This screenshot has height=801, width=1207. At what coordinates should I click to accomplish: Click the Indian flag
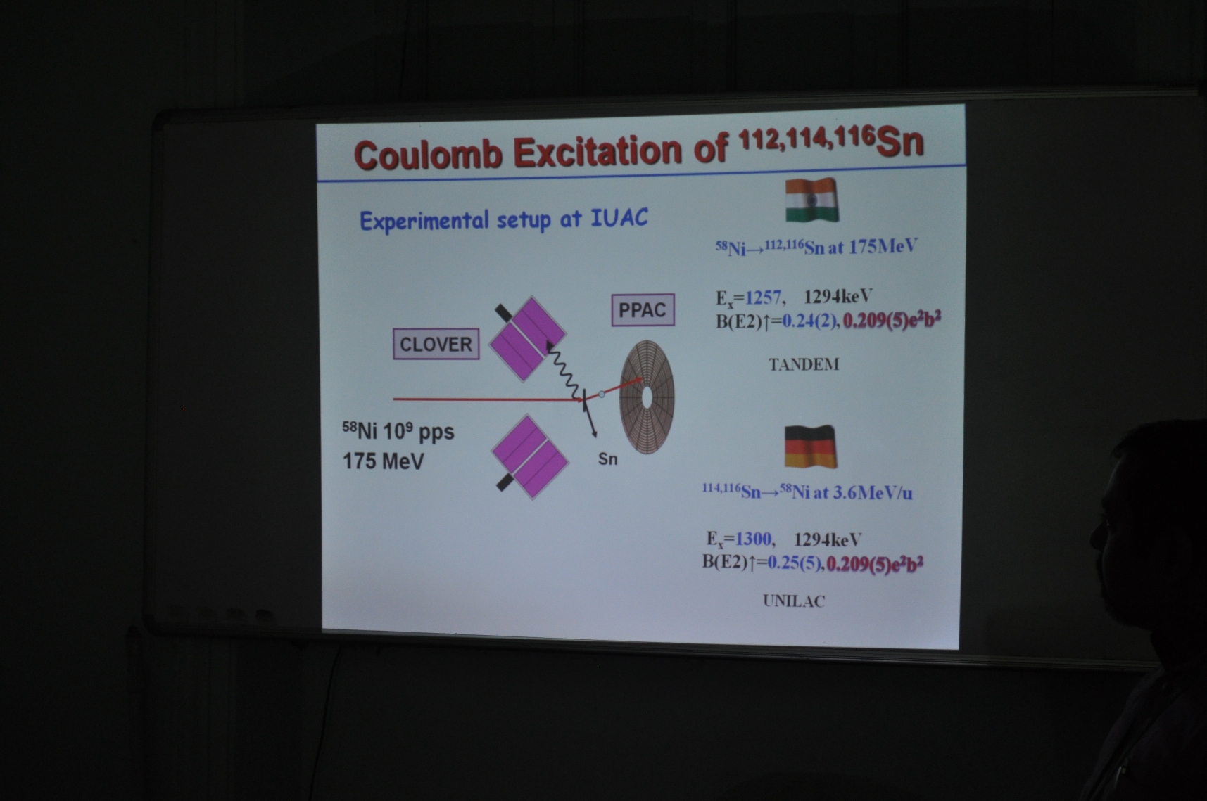point(811,200)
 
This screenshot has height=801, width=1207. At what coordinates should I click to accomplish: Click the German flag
point(810,447)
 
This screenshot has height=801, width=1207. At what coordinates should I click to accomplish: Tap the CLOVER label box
point(436,344)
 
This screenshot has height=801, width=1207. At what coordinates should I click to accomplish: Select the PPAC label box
point(643,310)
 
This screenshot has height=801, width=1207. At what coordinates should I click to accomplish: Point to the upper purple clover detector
point(528,338)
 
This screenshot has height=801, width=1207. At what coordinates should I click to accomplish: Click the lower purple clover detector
point(530,456)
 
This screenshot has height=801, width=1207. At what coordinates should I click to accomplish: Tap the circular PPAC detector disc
point(647,397)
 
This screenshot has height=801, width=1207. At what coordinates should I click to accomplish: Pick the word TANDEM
point(804,364)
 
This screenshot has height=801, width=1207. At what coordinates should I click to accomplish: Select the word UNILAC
point(794,601)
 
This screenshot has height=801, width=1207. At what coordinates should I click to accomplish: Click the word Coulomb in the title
point(428,154)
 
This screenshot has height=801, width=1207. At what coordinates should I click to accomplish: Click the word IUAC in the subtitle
point(619,218)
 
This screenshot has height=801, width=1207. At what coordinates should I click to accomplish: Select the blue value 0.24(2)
point(810,321)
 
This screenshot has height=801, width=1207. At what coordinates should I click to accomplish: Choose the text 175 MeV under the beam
point(384,461)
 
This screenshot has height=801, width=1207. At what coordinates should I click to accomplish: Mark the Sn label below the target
point(608,459)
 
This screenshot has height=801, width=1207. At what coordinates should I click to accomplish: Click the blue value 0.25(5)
point(795,563)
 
